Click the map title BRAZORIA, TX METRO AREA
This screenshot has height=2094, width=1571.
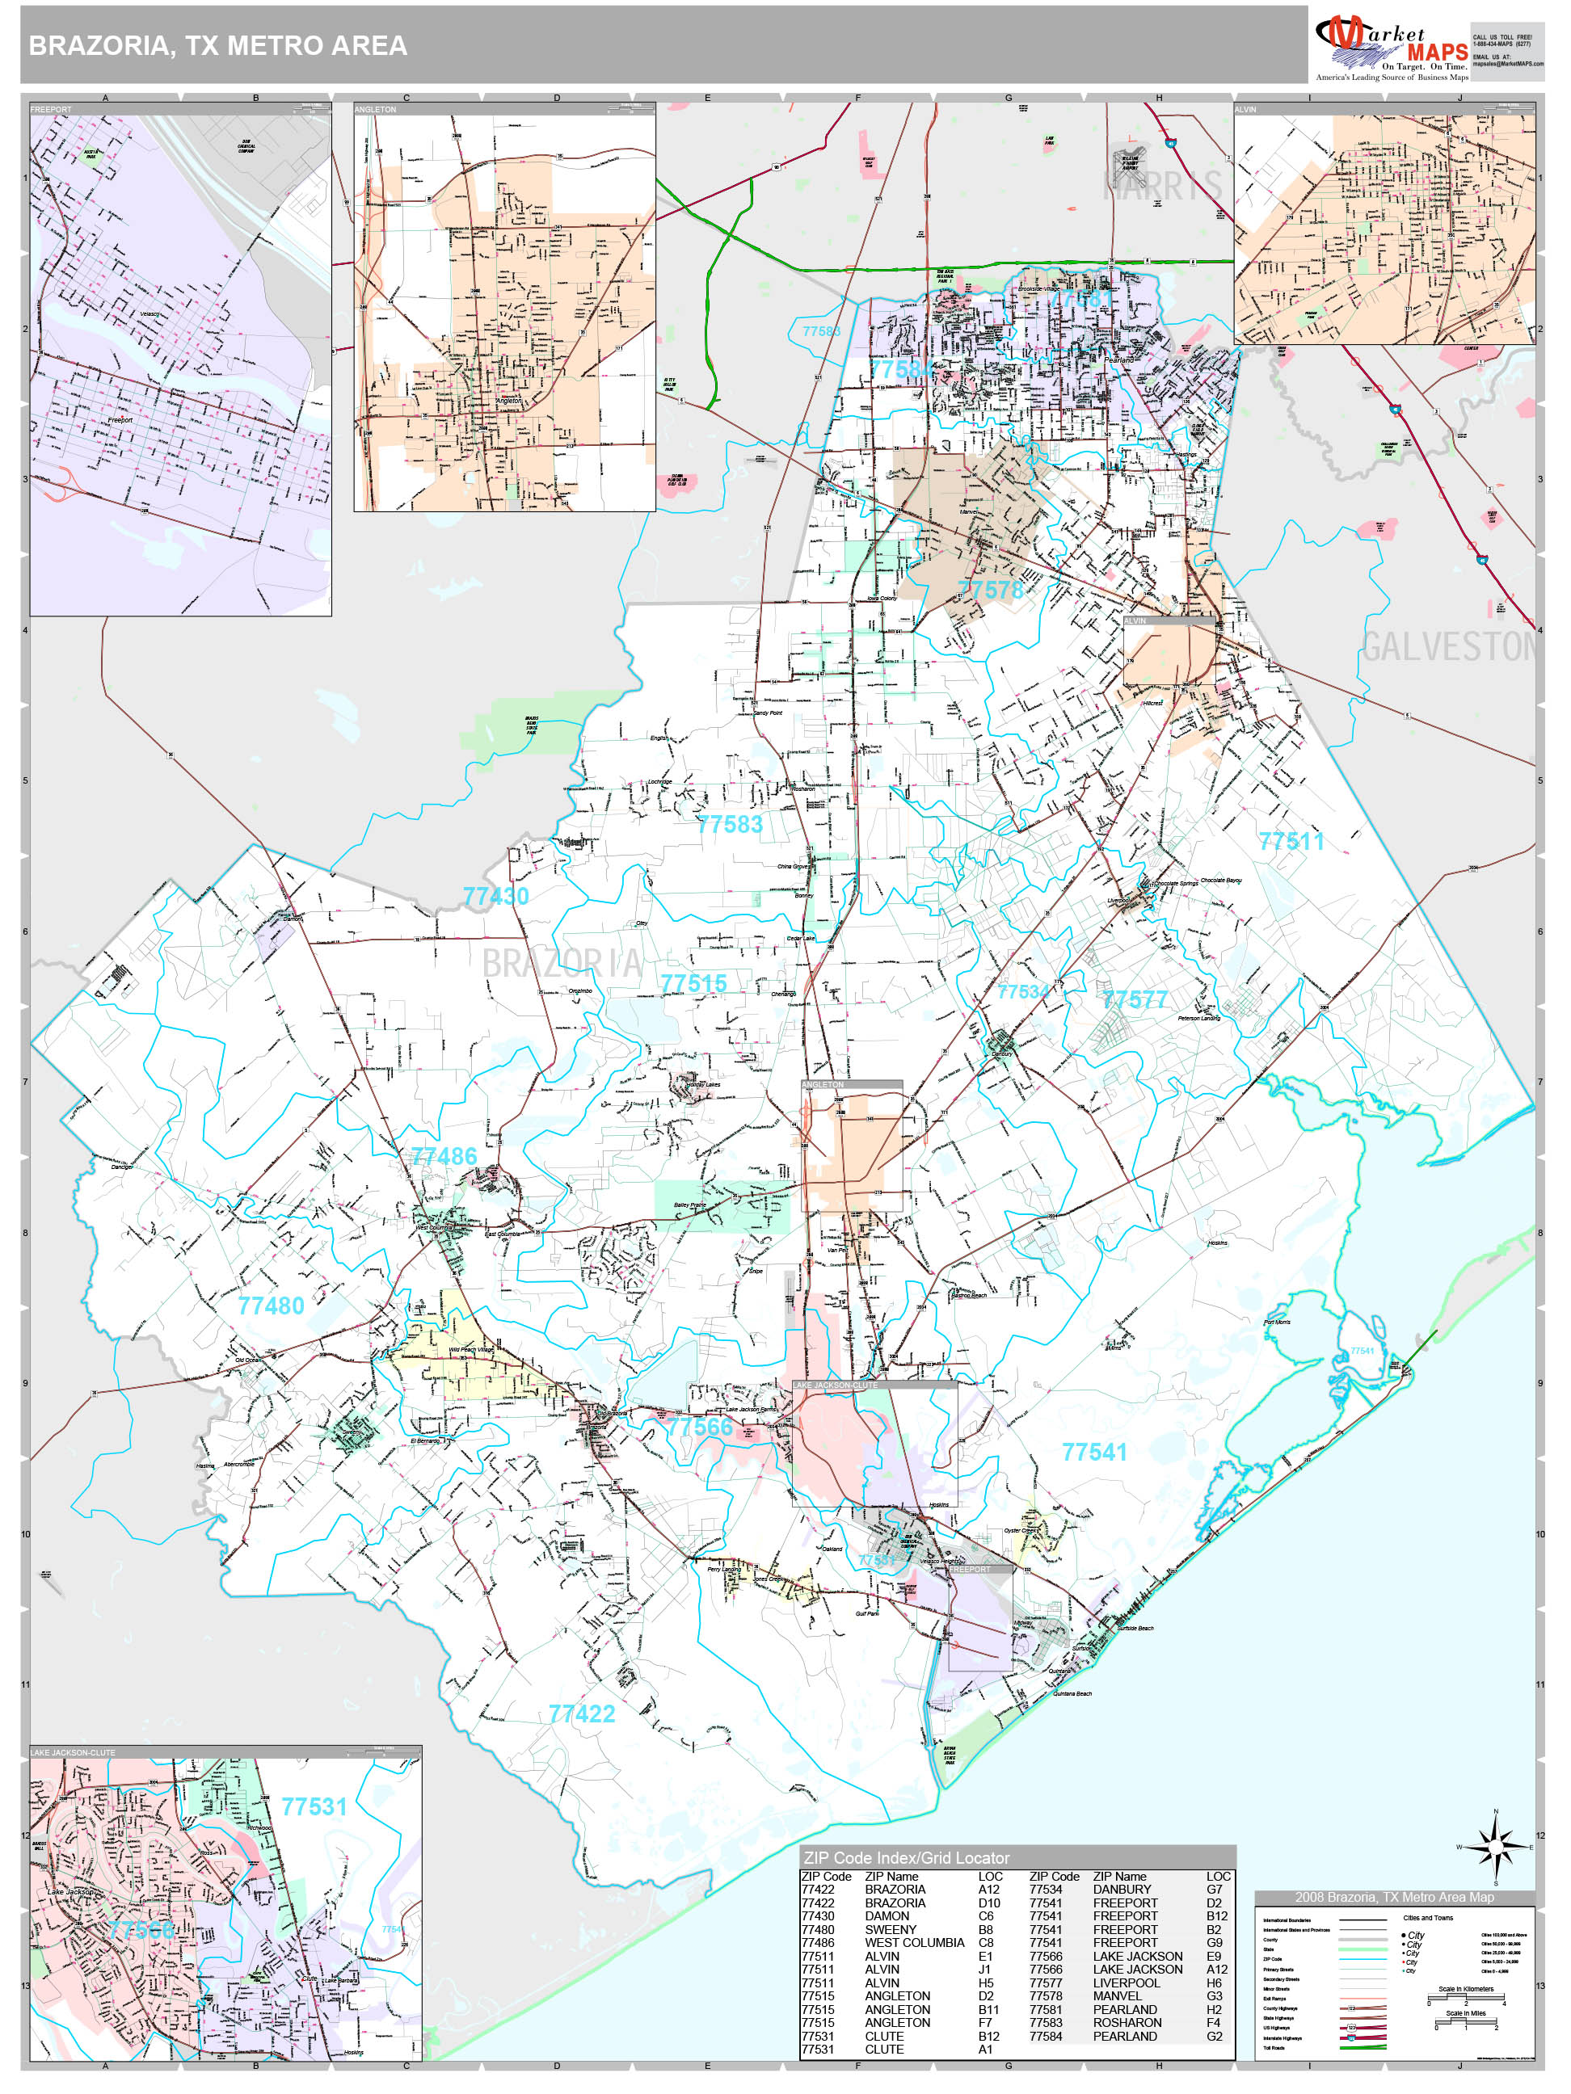coord(218,45)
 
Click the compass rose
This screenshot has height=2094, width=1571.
coord(1495,1845)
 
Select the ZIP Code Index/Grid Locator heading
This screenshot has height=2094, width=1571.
coord(905,1857)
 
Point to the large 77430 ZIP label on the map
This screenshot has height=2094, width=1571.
coord(495,896)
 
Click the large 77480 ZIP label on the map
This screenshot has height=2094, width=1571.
coord(271,1306)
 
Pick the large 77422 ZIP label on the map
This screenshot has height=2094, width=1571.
coord(581,1713)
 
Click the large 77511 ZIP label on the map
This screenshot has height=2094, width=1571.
coord(1291,841)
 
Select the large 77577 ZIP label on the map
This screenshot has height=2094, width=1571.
coord(1134,999)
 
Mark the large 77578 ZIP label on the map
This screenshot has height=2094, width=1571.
coord(990,590)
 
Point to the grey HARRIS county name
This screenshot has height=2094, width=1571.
coord(1161,187)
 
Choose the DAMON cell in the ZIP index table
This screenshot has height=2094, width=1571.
coord(887,1916)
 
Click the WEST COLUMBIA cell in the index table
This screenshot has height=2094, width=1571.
coord(914,1943)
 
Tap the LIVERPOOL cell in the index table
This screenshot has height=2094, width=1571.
coord(1126,1983)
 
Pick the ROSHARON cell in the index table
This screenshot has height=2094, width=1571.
coord(1127,2022)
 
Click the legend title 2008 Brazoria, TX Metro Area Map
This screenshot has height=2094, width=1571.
coord(1394,1897)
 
